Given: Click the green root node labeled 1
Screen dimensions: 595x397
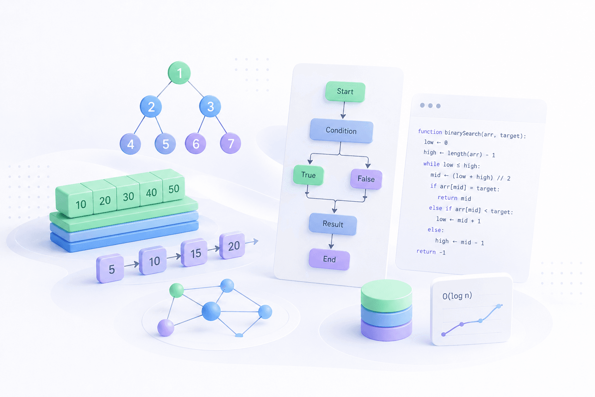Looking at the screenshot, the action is coord(179,72).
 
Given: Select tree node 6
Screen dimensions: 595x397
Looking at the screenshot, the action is coord(196,143).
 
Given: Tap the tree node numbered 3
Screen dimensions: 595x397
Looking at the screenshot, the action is coord(210,106).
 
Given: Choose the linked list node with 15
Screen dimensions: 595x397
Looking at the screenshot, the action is coord(194,253).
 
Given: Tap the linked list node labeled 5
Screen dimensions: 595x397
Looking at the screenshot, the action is coord(110,268).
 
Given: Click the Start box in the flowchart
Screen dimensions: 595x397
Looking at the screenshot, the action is coord(345,91).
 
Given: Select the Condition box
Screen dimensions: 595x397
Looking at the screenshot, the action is coord(341,130).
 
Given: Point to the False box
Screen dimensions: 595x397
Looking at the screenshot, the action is coord(366,179).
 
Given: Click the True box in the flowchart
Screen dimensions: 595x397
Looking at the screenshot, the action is coord(308,175).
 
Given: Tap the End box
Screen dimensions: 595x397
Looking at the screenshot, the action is coord(329,259).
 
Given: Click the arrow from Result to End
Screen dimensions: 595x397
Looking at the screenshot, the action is coord(332,242).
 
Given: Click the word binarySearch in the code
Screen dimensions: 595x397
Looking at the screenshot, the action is coord(463,133).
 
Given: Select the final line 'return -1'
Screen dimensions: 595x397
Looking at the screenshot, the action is coord(431,252).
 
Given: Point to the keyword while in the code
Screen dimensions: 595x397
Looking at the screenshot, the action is coord(432,164).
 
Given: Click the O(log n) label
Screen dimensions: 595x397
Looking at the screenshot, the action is coord(457,296).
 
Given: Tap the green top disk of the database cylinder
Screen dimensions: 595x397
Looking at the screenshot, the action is coord(387,295).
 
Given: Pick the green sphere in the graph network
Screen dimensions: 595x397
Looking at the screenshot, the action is coord(177,290).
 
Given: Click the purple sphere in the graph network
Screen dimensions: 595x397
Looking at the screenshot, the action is coord(166,328).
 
